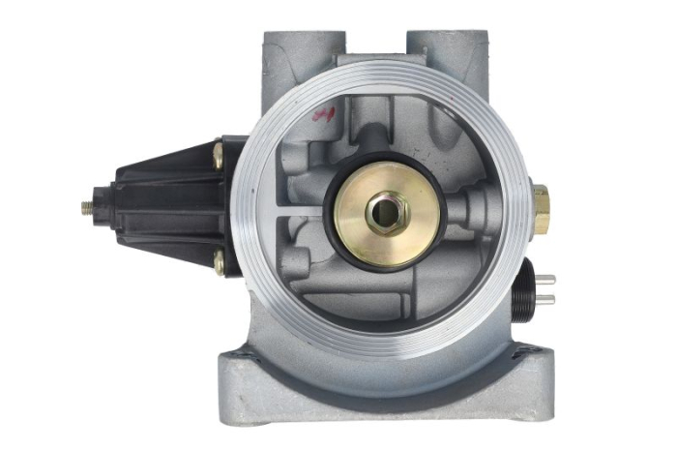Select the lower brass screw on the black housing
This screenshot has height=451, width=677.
[220, 262]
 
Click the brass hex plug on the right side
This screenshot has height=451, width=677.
[541, 208]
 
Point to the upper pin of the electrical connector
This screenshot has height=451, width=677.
[547, 282]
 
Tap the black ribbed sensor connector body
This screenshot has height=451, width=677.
[527, 288]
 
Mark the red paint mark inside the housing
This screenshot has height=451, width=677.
[322, 113]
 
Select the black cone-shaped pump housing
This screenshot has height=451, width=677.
[164, 206]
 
